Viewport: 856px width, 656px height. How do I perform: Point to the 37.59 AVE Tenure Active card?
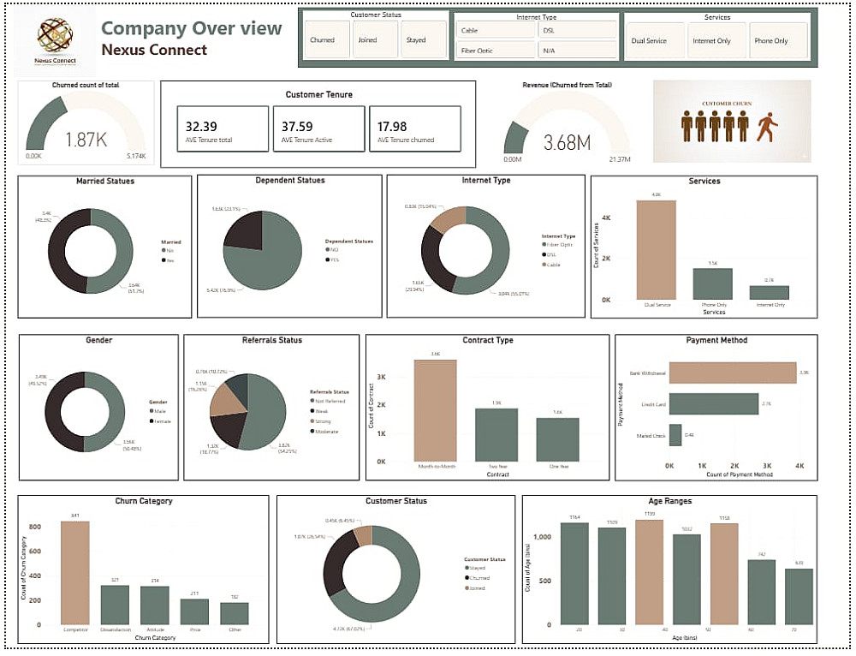pos(318,129)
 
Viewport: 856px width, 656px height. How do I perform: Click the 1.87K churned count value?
pos(86,140)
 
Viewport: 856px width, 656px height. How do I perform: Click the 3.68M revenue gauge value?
pos(567,143)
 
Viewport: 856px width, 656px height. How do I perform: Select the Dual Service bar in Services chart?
pos(656,249)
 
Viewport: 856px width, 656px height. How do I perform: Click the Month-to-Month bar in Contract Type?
pos(435,410)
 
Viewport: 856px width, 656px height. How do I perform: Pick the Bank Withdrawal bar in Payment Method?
pos(732,373)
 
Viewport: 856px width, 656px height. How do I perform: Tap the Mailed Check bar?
pos(675,434)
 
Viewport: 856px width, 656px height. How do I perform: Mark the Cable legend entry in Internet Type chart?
pos(553,265)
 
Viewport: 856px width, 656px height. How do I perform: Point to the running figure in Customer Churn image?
pos(767,128)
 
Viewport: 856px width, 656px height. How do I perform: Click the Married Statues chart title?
pos(104,182)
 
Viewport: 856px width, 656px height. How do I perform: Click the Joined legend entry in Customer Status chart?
pos(475,587)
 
